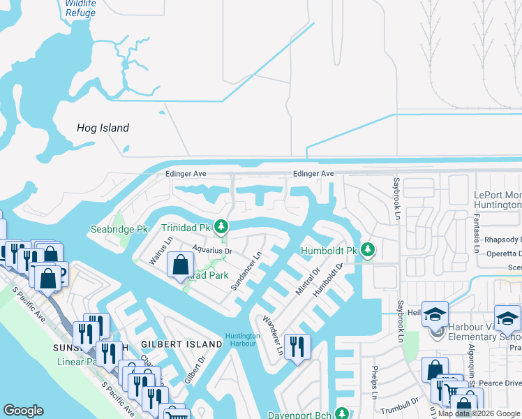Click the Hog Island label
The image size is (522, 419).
click(103, 128)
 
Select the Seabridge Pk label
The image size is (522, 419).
click(119, 229)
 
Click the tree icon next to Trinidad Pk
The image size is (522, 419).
click(221, 227)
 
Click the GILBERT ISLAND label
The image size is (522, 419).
click(172, 345)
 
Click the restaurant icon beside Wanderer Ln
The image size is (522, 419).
click(297, 346)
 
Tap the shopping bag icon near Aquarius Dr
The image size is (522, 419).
click(180, 265)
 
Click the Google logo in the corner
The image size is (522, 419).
click(23, 411)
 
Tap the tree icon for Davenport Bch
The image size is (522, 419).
click(342, 413)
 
